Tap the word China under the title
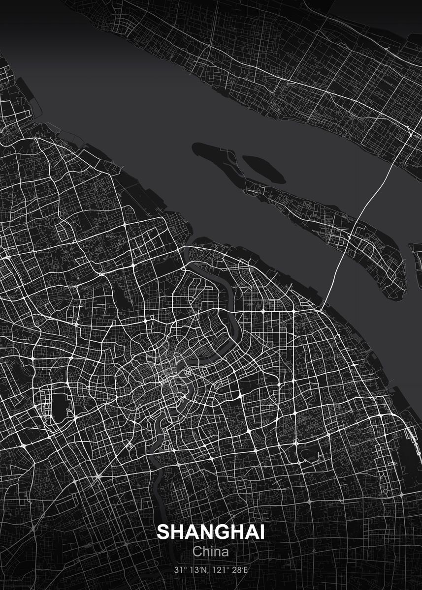tap(211, 551)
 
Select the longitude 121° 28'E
tap(229, 570)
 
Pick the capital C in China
tap(197, 551)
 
